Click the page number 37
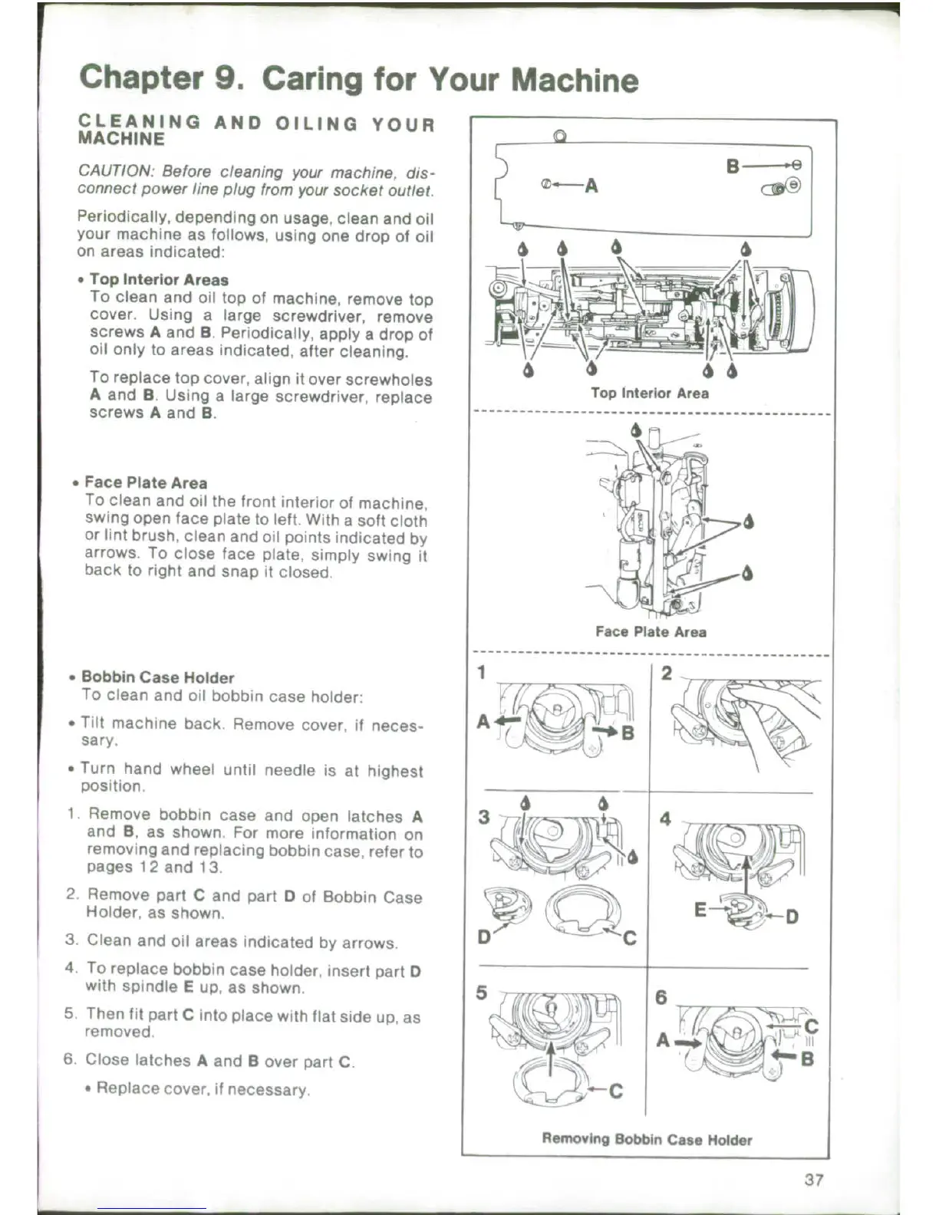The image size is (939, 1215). tap(814, 1180)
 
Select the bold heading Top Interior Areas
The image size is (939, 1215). tap(159, 280)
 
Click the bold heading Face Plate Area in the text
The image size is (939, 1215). tap(146, 483)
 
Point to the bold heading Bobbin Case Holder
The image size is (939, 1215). tap(157, 678)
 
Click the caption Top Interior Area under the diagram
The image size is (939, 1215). tap(649, 393)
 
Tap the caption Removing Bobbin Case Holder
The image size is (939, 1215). tap(647, 1140)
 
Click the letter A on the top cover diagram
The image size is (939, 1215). tap(591, 186)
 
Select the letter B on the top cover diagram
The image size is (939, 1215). tap(733, 166)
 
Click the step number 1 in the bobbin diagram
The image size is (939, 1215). tap(482, 673)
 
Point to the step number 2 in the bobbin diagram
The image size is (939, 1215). tap(666, 673)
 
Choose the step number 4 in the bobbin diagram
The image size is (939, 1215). tap(664, 819)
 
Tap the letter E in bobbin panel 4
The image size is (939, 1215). tap(700, 910)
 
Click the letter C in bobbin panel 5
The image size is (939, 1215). tap(615, 1092)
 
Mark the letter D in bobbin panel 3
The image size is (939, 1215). tap(484, 937)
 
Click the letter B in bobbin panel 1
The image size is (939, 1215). tap(628, 733)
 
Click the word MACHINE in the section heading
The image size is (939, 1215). tap(121, 140)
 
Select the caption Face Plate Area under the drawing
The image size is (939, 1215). tap(651, 632)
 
